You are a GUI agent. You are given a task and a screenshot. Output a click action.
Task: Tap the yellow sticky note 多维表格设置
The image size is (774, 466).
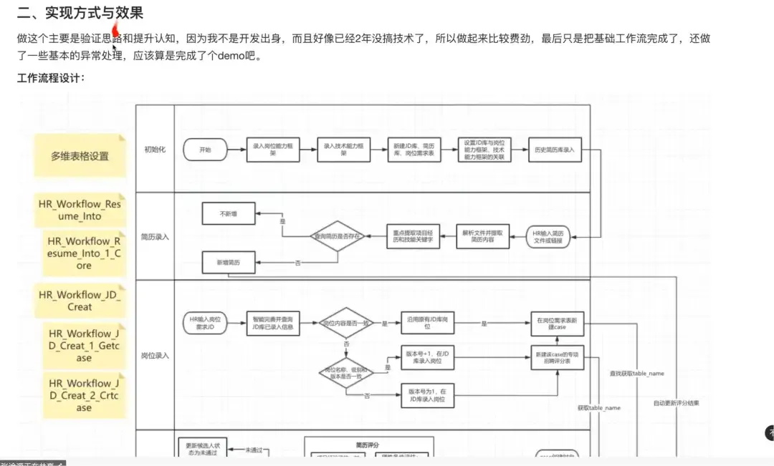coord(80,156)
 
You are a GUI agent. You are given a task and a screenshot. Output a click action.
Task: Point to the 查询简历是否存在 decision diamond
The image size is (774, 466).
coord(338,235)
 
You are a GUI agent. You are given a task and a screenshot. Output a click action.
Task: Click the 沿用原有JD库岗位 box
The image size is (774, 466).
coord(428,324)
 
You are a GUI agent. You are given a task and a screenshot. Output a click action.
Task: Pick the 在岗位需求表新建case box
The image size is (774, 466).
coord(558,324)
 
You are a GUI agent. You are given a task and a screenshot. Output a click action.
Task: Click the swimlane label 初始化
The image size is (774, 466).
coord(155,149)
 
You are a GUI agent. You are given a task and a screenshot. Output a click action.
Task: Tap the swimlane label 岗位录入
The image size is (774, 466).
coord(155,355)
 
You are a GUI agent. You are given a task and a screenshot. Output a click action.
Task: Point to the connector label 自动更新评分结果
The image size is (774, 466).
coord(676,403)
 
